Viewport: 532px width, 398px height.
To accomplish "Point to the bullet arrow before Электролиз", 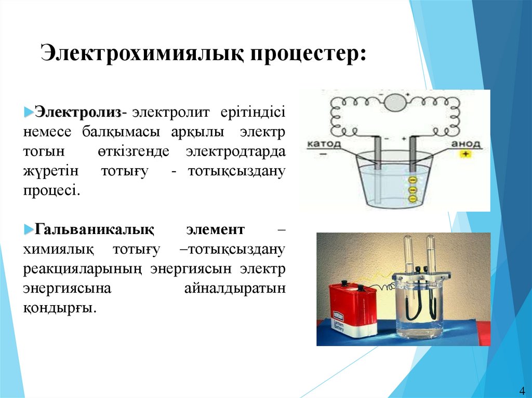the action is pyautogui.click(x=29, y=112).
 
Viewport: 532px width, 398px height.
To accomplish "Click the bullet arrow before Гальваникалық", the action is pyautogui.click(x=29, y=229).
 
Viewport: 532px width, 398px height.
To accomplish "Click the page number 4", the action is pyautogui.click(x=522, y=390).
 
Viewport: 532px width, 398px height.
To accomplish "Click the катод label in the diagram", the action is pyautogui.click(x=324, y=144).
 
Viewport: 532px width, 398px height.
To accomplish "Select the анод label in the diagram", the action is pyautogui.click(x=466, y=144).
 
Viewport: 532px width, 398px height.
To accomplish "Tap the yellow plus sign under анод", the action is pyautogui.click(x=466, y=154).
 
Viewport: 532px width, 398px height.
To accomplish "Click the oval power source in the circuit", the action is pyautogui.click(x=395, y=101).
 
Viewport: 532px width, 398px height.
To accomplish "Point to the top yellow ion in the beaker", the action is pyautogui.click(x=413, y=181).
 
